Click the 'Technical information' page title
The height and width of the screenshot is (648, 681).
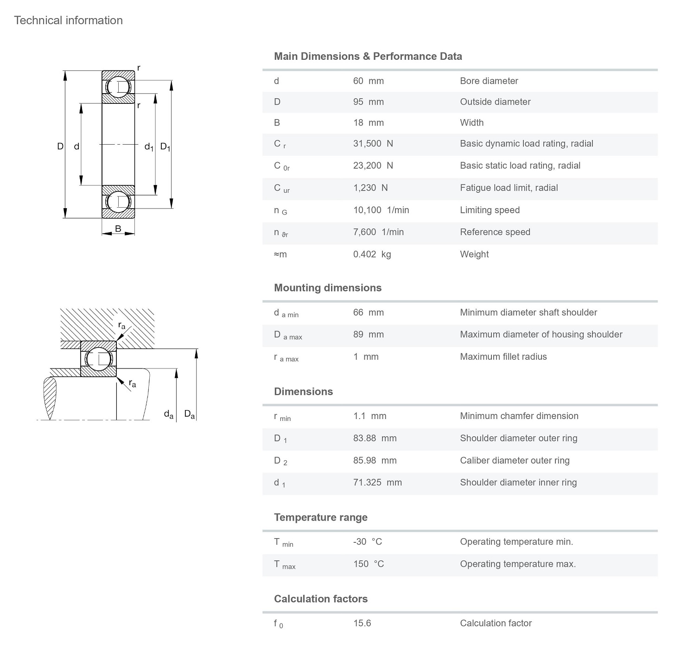pyautogui.click(x=68, y=20)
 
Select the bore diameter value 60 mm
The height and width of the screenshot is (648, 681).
pyautogui.click(x=368, y=81)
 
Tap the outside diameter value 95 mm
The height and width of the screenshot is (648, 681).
pyautogui.click(x=368, y=102)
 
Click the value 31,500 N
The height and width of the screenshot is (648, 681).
pyautogui.click(x=373, y=144)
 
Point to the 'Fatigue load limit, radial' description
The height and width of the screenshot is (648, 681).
pyautogui.click(x=509, y=188)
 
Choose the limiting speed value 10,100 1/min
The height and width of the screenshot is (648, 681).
pyautogui.click(x=381, y=210)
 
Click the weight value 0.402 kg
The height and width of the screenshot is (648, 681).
pyautogui.click(x=372, y=254)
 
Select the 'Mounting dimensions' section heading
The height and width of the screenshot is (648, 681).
pyautogui.click(x=327, y=288)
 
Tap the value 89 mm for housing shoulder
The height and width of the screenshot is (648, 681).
pyautogui.click(x=368, y=335)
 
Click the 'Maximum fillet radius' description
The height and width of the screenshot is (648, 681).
pyautogui.click(x=503, y=357)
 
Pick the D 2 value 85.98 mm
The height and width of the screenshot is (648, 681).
pyautogui.click(x=375, y=461)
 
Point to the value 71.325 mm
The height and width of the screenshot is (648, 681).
pyautogui.click(x=377, y=483)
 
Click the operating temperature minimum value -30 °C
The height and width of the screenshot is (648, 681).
pyautogui.click(x=367, y=542)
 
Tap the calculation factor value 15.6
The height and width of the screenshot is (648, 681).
pyautogui.click(x=362, y=623)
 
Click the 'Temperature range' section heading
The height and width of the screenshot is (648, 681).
pyautogui.click(x=320, y=517)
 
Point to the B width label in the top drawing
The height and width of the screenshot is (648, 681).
pyautogui.click(x=118, y=229)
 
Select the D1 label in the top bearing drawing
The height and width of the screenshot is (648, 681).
pyautogui.click(x=165, y=147)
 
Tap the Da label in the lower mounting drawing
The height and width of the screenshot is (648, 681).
pyautogui.click(x=189, y=414)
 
